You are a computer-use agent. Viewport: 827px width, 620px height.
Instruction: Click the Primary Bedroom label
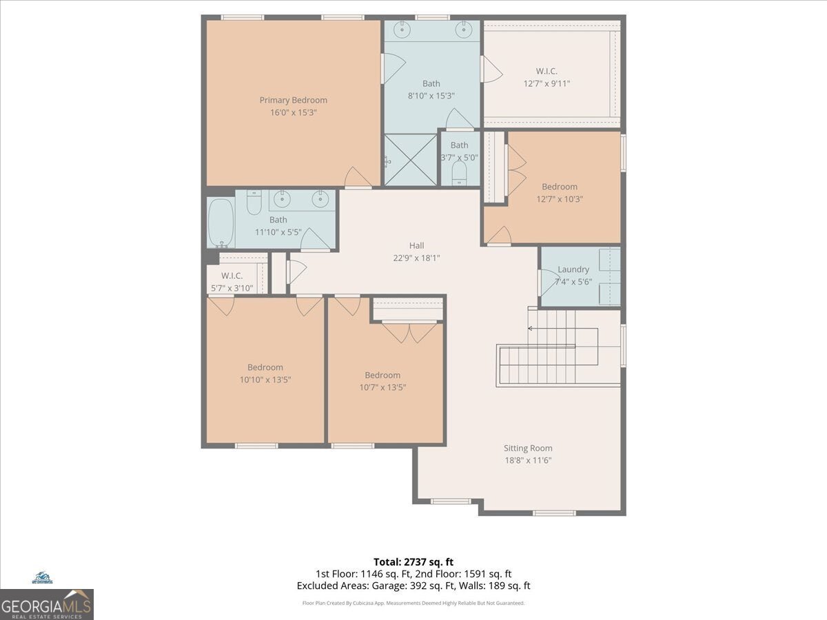coord(293,100)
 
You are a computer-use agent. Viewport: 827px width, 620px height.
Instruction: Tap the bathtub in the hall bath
coord(221,223)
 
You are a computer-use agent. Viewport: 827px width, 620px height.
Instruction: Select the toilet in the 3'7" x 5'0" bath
coord(459,174)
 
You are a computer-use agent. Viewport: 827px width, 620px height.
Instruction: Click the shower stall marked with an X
coord(411,159)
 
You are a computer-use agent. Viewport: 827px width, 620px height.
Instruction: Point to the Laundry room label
coord(573,269)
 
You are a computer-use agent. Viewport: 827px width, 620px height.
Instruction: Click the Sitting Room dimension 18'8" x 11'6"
coord(527,460)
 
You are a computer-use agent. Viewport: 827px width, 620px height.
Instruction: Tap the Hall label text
coord(416,246)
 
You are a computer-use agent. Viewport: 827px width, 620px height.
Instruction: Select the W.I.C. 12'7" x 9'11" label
coord(547,76)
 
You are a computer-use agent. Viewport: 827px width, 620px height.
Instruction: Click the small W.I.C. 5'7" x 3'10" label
coord(232,282)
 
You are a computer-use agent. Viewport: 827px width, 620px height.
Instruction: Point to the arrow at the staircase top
coord(530,329)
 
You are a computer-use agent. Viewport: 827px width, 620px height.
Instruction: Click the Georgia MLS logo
coord(47,603)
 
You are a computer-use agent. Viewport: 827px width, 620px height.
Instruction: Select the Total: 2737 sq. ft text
coord(413,562)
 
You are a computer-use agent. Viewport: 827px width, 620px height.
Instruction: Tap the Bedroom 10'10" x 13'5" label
coord(265,373)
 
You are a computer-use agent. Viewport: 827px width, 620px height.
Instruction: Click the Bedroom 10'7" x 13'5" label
coord(382,381)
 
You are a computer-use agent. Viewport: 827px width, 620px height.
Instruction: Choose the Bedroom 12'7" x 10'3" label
coord(559,193)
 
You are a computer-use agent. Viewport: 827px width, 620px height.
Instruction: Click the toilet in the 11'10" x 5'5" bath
coord(253,203)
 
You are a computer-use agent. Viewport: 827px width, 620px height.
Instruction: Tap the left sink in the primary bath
coord(402,30)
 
